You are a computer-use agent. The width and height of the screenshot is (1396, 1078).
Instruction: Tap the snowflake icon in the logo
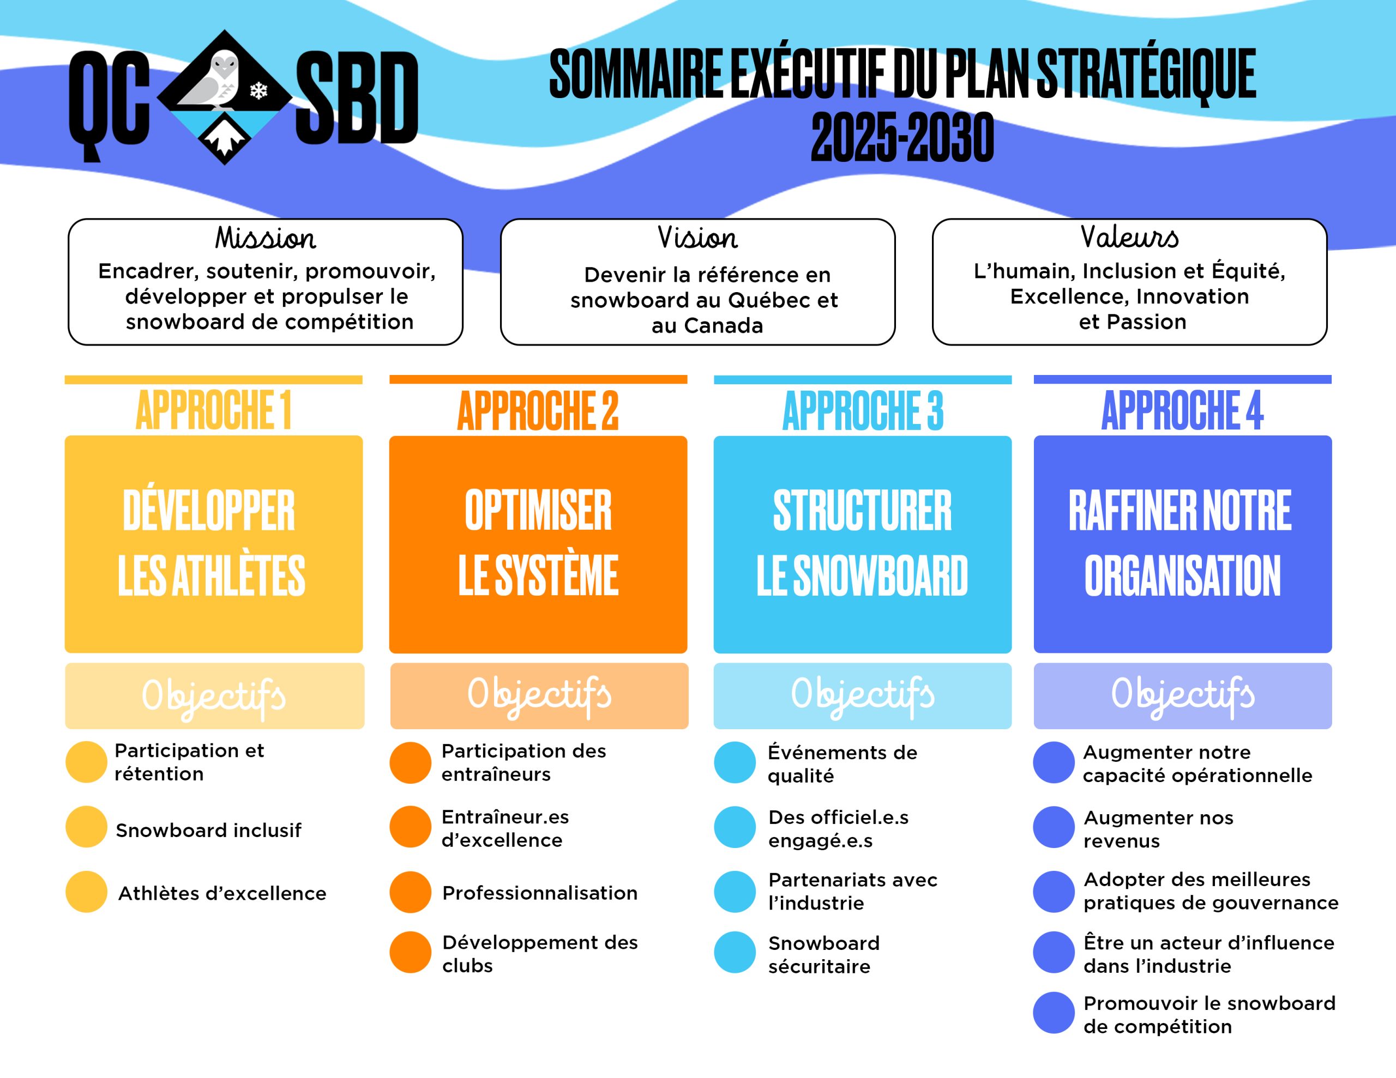pos(258,90)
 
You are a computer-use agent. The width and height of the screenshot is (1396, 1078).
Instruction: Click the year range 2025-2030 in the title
pos(902,137)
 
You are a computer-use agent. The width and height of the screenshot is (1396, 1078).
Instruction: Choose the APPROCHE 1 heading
pos(214,410)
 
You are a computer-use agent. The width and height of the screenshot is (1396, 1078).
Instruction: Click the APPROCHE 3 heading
pos(862,410)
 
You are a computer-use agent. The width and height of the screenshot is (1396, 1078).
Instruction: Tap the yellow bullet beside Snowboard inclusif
pos(86,827)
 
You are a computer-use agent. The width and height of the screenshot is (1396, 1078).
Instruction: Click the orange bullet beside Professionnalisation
pos(411,892)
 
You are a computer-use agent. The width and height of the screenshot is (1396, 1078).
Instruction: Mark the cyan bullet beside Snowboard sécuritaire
pos(735,952)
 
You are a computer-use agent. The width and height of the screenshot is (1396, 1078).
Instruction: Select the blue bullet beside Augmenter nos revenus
pos(1054,827)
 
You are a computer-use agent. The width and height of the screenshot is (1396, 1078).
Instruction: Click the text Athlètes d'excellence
pos(222,893)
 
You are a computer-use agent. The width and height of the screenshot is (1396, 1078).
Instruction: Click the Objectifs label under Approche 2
pos(539,695)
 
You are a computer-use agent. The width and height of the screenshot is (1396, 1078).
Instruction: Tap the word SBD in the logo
pos(357,97)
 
